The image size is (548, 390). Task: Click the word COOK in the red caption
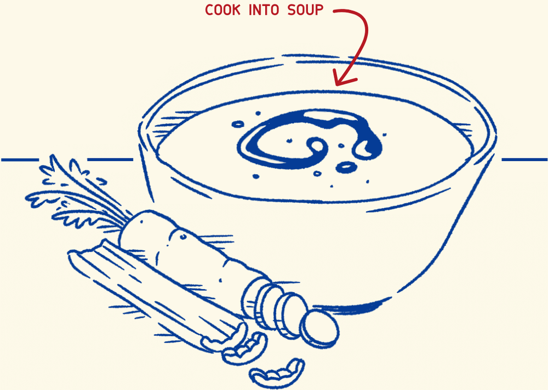point(222,10)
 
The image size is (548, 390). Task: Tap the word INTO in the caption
point(264,10)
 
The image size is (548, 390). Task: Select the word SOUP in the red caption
point(305,10)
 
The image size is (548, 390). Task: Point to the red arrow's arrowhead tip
point(336,84)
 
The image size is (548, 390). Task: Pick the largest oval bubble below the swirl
point(346,167)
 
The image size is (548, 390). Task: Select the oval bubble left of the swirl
point(238,124)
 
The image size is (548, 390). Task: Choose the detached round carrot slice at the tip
point(320,329)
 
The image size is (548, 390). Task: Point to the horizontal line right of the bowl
point(524,160)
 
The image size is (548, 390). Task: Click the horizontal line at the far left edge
point(20,160)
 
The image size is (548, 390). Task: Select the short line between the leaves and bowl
point(110,160)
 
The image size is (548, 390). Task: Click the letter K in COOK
point(237,10)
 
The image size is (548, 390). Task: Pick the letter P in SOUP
point(319,10)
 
